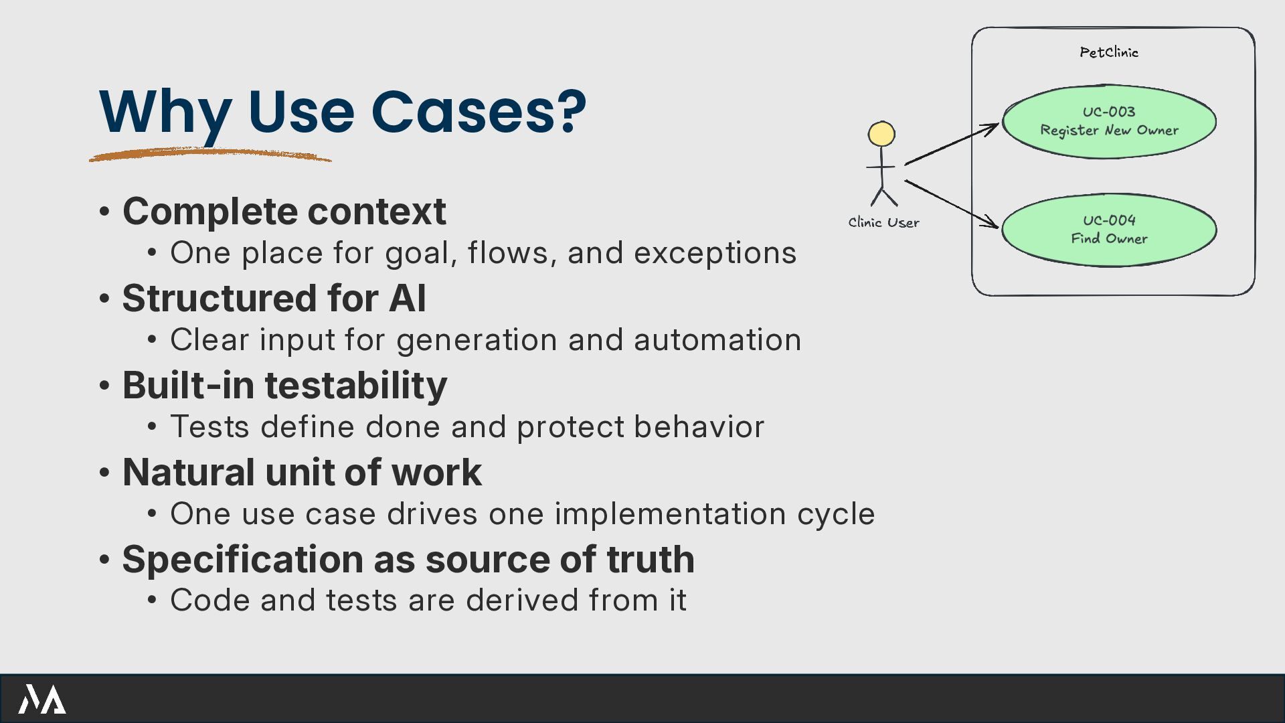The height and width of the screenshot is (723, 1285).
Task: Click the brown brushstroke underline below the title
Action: (x=209, y=155)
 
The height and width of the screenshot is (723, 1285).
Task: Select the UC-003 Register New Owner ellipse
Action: (x=1108, y=122)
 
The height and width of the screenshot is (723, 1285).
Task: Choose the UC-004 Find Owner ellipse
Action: (x=1108, y=230)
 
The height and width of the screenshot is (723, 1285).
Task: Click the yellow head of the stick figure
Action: (x=881, y=134)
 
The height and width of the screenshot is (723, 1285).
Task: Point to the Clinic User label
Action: (x=883, y=223)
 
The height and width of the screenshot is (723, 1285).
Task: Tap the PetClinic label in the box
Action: (x=1108, y=52)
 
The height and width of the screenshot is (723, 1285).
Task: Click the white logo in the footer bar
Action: (x=41, y=699)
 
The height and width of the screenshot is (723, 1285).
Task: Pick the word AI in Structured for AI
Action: (x=407, y=299)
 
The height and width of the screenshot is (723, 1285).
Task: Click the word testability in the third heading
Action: (x=356, y=386)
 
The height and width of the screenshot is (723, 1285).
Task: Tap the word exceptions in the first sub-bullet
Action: (x=715, y=254)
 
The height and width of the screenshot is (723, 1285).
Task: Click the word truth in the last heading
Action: (x=651, y=560)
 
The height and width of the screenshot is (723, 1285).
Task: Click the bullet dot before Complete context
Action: (x=104, y=212)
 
